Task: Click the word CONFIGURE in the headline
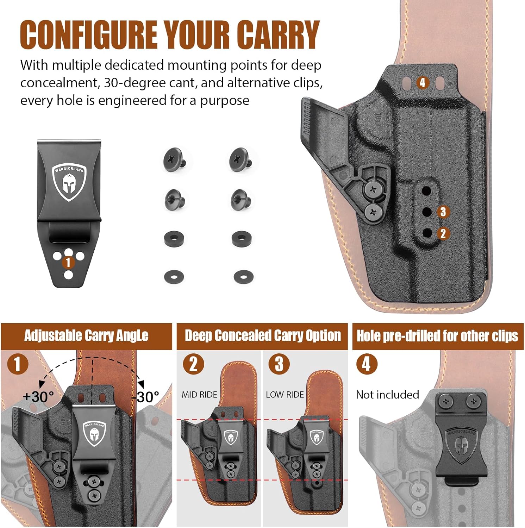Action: (x=88, y=34)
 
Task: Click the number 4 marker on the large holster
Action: (x=423, y=83)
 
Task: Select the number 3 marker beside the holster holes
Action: (x=443, y=212)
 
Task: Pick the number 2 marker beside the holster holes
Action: (x=443, y=233)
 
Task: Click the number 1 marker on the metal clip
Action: (x=68, y=262)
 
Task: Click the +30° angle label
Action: (x=38, y=397)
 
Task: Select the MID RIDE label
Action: (x=199, y=395)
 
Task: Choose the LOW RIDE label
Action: (x=285, y=395)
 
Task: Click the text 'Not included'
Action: (x=387, y=395)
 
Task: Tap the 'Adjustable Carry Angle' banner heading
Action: (x=86, y=336)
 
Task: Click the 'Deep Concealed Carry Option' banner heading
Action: (x=263, y=336)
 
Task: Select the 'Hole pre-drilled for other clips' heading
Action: (x=437, y=336)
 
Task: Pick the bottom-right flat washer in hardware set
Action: (x=243, y=276)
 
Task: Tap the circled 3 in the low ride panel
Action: (x=279, y=364)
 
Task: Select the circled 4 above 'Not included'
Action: (x=367, y=364)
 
